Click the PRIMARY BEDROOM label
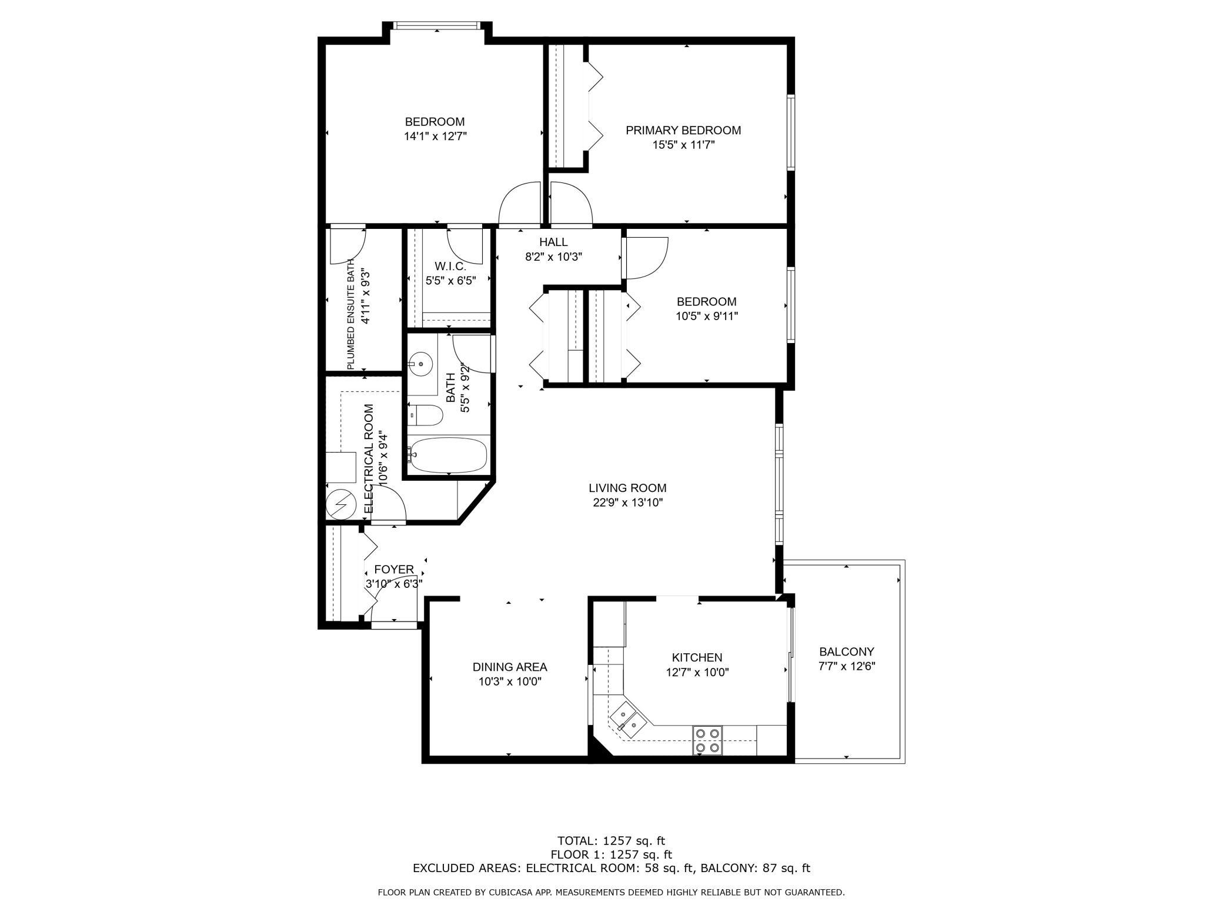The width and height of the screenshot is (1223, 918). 683,130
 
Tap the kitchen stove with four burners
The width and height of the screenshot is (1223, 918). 707,740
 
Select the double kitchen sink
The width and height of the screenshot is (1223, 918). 627,721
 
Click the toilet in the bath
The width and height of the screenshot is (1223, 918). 425,415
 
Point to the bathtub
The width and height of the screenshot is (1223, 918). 448,454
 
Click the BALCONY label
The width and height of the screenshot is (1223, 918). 847,651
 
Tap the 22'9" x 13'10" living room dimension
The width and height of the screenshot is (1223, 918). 628,503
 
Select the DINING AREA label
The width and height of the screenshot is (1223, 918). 510,667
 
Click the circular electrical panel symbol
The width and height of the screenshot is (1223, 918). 341,505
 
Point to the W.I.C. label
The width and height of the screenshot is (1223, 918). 450,267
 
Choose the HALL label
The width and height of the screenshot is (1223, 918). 553,242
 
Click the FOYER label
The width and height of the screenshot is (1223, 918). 394,570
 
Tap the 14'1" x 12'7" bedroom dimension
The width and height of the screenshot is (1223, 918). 435,137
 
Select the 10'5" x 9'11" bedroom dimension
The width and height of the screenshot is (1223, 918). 707,316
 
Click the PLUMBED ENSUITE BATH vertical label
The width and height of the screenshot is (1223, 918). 351,314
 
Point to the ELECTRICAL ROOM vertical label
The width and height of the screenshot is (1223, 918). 369,458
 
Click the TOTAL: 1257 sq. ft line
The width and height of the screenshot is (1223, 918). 611,841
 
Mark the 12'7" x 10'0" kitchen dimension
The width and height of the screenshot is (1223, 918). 697,672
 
